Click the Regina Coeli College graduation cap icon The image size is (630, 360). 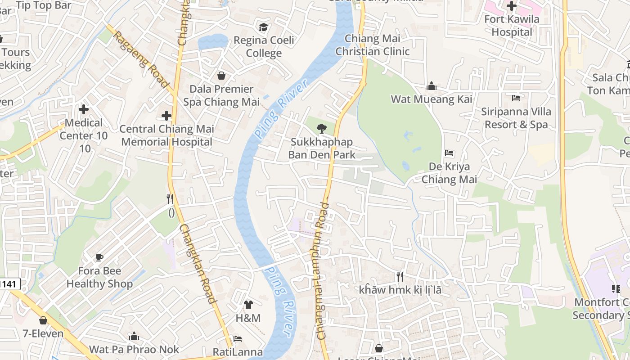point(263,27)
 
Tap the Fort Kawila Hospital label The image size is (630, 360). point(511,26)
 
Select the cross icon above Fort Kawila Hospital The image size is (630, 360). point(511,6)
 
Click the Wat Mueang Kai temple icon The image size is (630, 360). point(432,86)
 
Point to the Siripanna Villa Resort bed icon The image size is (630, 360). point(516,98)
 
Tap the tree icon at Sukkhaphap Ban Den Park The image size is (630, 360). point(321,129)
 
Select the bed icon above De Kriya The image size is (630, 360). point(449,153)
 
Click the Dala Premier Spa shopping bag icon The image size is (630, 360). point(221,75)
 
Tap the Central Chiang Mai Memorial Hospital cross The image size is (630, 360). point(166,116)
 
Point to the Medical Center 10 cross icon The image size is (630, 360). point(84,109)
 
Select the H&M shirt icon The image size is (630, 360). point(248,305)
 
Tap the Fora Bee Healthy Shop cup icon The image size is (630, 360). point(99,257)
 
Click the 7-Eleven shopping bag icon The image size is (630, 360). point(43,320)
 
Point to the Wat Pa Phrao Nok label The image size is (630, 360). point(134,349)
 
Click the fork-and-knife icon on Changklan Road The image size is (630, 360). point(170,198)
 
